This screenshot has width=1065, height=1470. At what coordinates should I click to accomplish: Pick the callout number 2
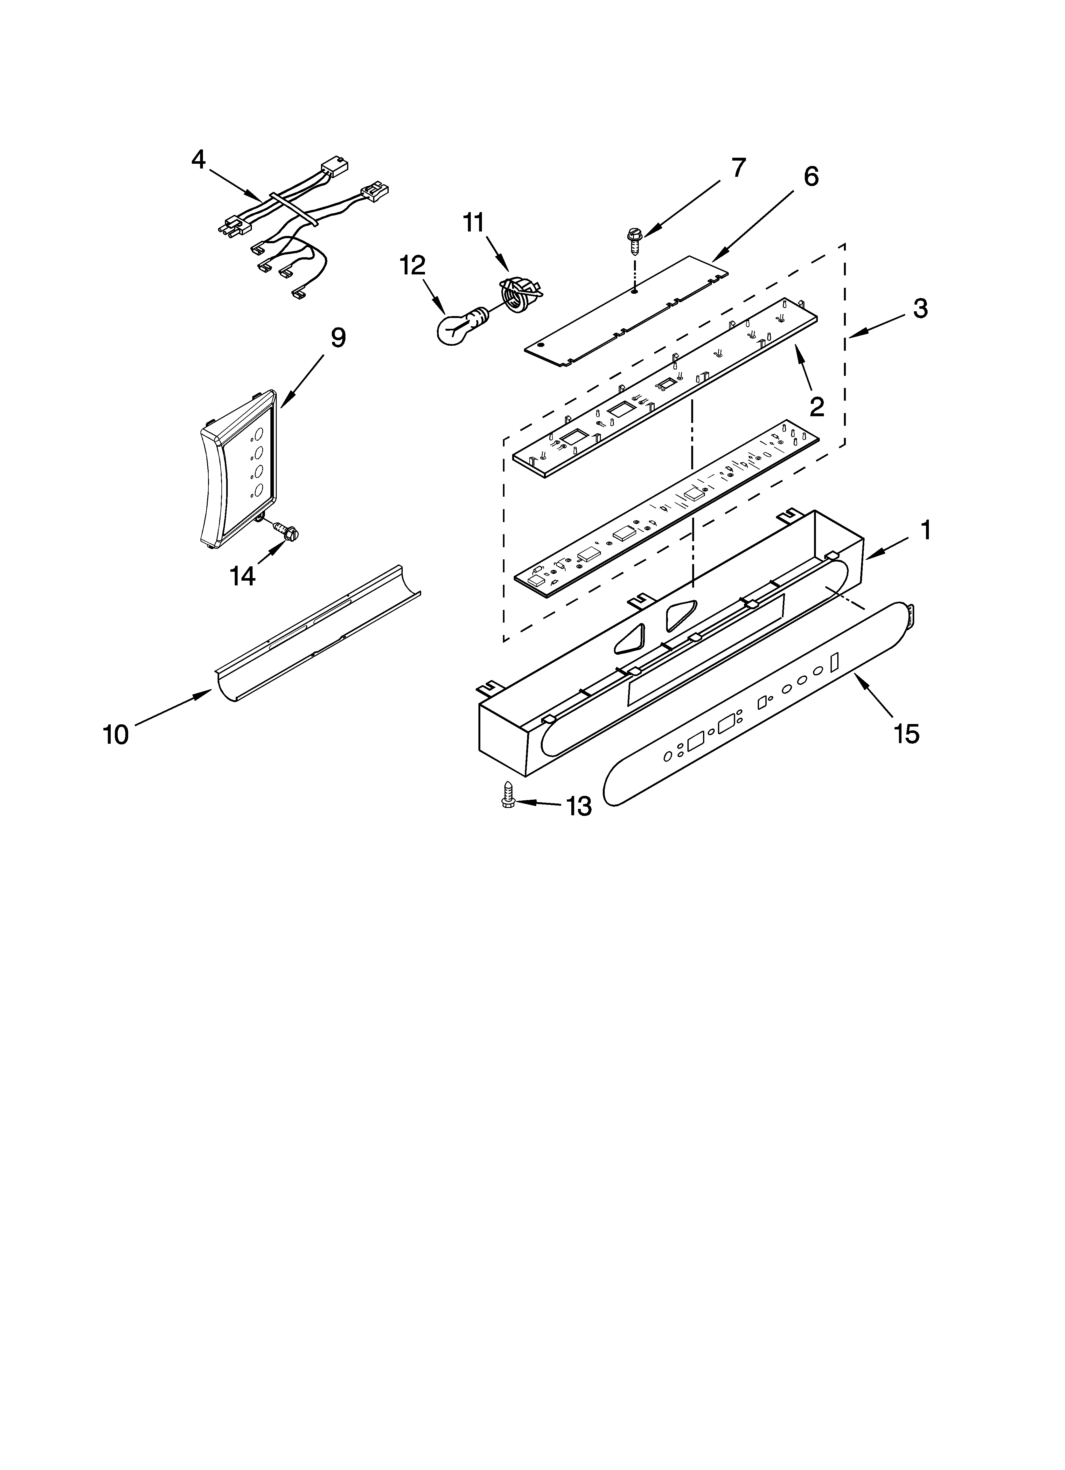click(816, 406)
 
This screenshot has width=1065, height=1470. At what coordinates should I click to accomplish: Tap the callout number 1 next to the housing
click(926, 530)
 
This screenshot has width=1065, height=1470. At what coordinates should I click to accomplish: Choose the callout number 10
click(116, 734)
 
